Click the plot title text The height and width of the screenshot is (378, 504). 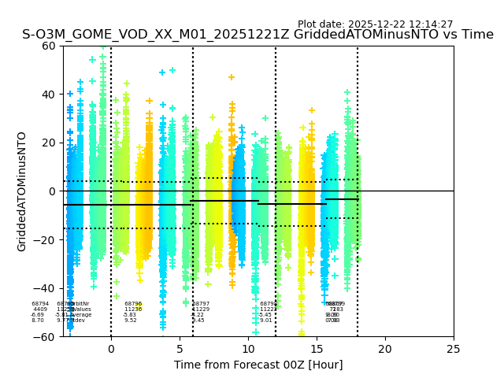(258, 35)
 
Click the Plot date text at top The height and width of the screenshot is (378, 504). (375, 24)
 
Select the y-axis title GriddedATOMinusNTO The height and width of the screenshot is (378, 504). (22, 191)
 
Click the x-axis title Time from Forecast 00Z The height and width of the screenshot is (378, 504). (258, 365)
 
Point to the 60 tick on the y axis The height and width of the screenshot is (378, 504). (50, 46)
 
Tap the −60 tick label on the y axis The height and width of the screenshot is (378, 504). (46, 336)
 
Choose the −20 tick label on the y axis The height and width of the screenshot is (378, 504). (46, 239)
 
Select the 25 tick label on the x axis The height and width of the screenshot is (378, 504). (454, 349)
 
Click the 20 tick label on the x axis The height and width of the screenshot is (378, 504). (385, 349)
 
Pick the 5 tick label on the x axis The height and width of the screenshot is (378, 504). (180, 349)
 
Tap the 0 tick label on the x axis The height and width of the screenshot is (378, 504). (111, 349)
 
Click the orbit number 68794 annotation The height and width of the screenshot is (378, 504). (40, 304)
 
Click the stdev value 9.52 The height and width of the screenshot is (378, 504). (131, 321)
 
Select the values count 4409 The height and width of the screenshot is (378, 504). (40, 309)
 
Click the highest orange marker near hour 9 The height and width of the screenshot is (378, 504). (232, 77)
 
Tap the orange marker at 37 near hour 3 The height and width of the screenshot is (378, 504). (149, 101)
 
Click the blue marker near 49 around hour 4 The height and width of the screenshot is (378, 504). (162, 72)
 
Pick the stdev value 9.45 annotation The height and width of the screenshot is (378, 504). (198, 321)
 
